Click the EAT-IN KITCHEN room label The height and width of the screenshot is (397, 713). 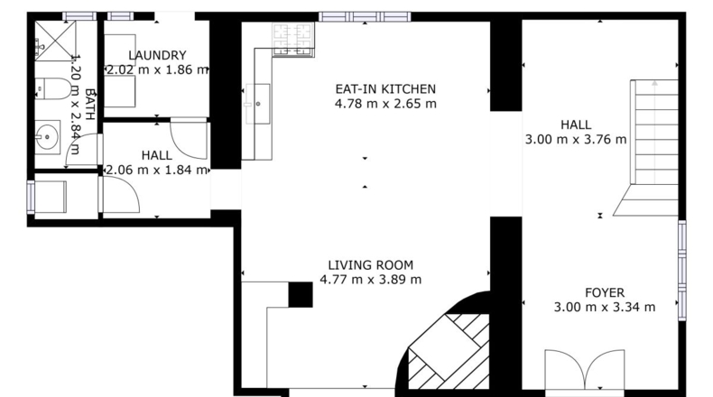pyautogui.click(x=385, y=88)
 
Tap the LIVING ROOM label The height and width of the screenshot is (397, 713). pyautogui.click(x=371, y=264)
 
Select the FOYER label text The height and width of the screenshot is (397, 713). pyautogui.click(x=605, y=292)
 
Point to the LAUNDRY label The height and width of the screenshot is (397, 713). pyautogui.click(x=157, y=55)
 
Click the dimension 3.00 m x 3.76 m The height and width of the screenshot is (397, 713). pyautogui.click(x=576, y=139)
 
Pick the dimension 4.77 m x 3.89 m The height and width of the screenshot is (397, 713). pyautogui.click(x=371, y=279)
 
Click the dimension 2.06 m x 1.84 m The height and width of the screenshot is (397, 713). pyautogui.click(x=157, y=170)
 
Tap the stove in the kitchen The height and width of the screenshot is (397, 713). pyautogui.click(x=293, y=39)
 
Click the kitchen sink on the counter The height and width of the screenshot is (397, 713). pyautogui.click(x=258, y=104)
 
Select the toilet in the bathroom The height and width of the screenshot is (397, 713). pyautogui.click(x=52, y=88)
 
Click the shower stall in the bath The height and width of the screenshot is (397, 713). pyautogui.click(x=55, y=41)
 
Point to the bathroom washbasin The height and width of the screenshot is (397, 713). pyautogui.click(x=47, y=137)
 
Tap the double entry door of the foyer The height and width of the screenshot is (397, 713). pyautogui.click(x=585, y=369)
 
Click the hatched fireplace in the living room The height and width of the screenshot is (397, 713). pyautogui.click(x=448, y=351)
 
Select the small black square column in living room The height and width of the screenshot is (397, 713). pyautogui.click(x=301, y=295)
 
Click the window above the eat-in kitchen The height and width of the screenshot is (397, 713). pyautogui.click(x=365, y=17)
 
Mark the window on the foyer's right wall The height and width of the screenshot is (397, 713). pyautogui.click(x=682, y=270)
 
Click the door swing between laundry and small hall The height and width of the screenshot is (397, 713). pyautogui.click(x=189, y=138)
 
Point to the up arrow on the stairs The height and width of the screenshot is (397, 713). pyautogui.click(x=654, y=132)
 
